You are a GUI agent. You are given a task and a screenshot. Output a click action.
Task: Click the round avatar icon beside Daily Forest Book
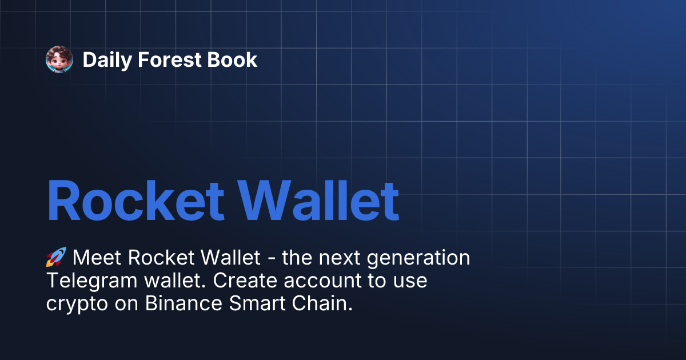(x=59, y=59)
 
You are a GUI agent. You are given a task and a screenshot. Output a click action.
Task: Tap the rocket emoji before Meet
(x=56, y=258)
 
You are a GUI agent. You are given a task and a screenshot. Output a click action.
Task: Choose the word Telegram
(x=91, y=281)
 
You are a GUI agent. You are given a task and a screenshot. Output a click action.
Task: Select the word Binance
(x=184, y=304)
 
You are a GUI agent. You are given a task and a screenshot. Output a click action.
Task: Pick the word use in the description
(x=410, y=281)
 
